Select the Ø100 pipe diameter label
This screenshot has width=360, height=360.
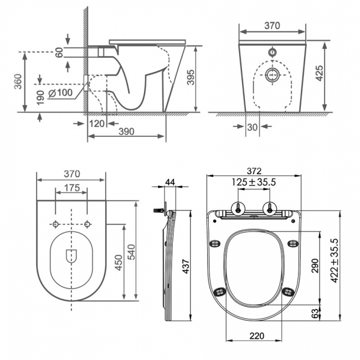60,93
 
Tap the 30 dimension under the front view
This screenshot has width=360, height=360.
253,127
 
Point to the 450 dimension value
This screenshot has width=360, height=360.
117,263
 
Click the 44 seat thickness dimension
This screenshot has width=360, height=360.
169,182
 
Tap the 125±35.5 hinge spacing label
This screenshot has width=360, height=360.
254,182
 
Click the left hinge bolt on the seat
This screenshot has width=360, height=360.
238,208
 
